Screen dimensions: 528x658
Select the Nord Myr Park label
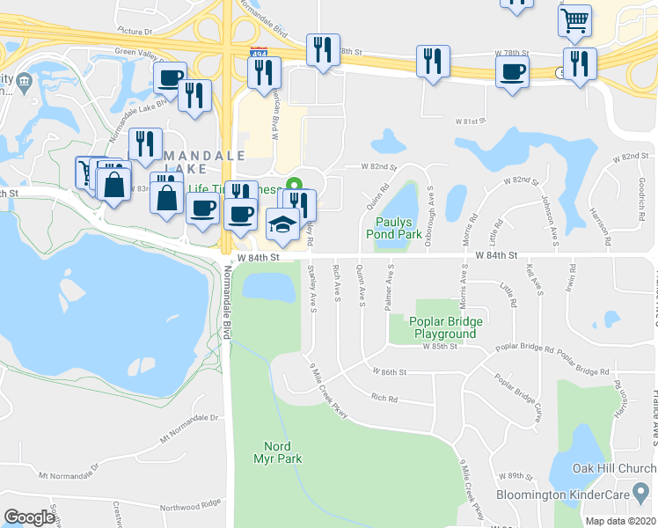(x=282, y=452)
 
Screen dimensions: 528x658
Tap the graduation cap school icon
(x=281, y=226)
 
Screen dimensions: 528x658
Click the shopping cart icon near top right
(x=574, y=19)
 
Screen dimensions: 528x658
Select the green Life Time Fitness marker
(x=296, y=184)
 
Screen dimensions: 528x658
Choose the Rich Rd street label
(x=384, y=399)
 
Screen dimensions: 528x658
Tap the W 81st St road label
(x=471, y=121)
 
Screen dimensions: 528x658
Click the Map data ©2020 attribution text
(x=621, y=521)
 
